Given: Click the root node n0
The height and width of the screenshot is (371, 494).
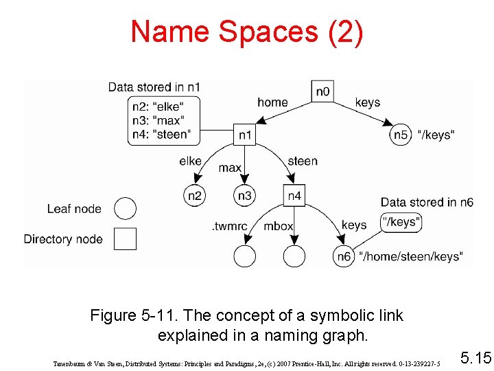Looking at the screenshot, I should [322, 91].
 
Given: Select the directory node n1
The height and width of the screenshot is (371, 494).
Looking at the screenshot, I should [244, 135].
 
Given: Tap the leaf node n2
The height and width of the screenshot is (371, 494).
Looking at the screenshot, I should [195, 196].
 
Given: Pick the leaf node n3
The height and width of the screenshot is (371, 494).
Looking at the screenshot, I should [244, 196].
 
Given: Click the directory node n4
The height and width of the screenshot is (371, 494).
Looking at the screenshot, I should [294, 196].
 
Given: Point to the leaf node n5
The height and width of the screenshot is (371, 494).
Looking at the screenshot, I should [401, 135].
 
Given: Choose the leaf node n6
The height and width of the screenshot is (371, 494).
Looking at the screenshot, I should [343, 256].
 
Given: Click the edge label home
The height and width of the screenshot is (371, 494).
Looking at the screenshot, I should [272, 102].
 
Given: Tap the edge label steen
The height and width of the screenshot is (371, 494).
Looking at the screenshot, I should [303, 161].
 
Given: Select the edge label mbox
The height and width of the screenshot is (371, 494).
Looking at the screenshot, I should [279, 225].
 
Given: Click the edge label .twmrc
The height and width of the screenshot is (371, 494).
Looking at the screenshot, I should [229, 225].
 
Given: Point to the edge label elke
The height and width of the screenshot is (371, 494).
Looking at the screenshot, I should [190, 161].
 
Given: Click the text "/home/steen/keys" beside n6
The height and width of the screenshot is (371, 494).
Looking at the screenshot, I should [410, 257].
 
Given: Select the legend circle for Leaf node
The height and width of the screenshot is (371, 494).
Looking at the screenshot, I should [125, 208].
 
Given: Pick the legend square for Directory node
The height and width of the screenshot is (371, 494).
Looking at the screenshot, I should [125, 238].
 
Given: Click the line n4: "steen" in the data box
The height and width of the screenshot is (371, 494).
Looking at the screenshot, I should [164, 134].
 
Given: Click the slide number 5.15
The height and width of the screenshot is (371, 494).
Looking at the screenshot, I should [475, 357].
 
